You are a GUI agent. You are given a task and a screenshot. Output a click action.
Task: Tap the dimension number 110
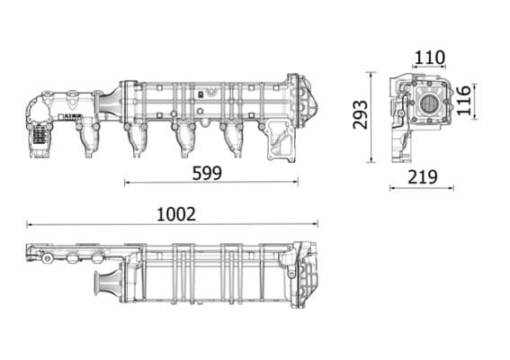[x=429, y=58]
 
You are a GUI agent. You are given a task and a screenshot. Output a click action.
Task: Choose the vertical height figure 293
[x=360, y=115]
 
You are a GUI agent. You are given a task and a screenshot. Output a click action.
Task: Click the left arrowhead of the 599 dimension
[x=127, y=183]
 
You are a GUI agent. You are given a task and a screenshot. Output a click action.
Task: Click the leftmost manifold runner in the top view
[x=89, y=139]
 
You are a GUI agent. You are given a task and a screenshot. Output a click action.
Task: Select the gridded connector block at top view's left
[x=40, y=136]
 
